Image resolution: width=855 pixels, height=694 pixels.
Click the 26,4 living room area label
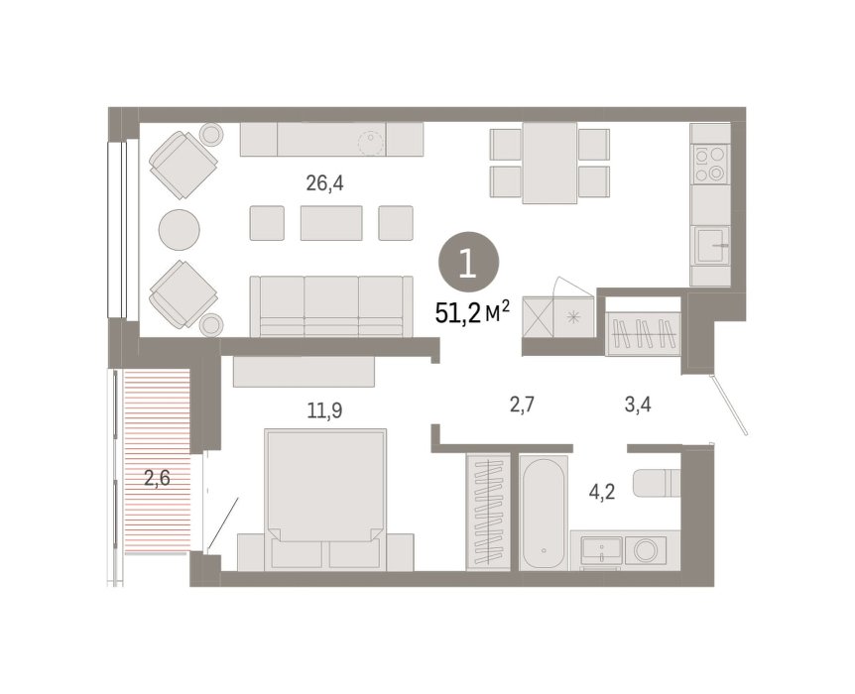(x=325, y=183)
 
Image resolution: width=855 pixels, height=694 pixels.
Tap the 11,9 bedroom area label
(x=325, y=410)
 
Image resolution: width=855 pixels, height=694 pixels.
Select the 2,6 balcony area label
(x=157, y=478)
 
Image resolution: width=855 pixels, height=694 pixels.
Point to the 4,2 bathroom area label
(x=602, y=493)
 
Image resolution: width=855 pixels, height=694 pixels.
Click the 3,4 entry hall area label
(x=638, y=405)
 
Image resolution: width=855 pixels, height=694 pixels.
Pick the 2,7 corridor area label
(x=522, y=405)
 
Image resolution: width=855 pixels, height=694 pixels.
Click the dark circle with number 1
(x=469, y=263)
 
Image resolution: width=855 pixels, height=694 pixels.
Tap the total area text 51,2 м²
(x=473, y=312)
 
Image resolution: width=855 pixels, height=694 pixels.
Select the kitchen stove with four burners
(x=710, y=165)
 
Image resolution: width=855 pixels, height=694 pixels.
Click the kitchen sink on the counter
(x=711, y=245)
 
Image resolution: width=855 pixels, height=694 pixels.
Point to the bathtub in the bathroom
(x=544, y=513)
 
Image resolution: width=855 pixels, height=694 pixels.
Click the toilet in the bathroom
(x=657, y=483)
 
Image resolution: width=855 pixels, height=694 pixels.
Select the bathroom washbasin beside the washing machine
(x=601, y=550)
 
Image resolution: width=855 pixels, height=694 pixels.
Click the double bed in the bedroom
(x=325, y=500)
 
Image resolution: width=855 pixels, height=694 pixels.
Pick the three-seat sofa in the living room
(x=326, y=305)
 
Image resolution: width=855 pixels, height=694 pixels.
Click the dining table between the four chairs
(x=550, y=163)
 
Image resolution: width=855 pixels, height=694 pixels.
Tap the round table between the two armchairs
(x=179, y=230)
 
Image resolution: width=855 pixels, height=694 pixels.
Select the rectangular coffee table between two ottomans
(x=331, y=223)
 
